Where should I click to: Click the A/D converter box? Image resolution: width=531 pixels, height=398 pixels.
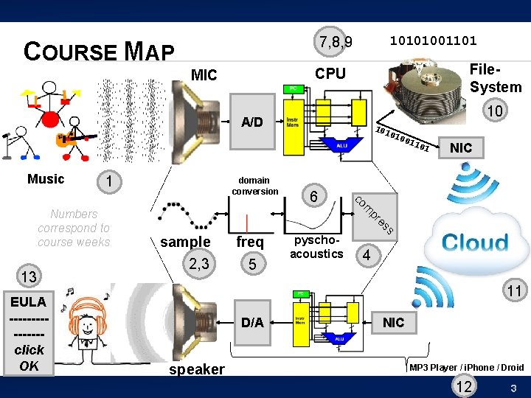tap(252, 122)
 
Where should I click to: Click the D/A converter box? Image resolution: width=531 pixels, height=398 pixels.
tap(252, 322)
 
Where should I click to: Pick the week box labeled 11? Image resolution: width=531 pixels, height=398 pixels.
tap(513, 292)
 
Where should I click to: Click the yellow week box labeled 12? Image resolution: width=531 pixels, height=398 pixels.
tap(465, 386)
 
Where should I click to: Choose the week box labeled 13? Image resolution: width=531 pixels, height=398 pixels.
tap(29, 277)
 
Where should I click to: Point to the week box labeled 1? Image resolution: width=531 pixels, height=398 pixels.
tap(108, 181)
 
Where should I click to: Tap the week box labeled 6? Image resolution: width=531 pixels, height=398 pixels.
tap(314, 196)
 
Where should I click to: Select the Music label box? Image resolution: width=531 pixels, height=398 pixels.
tap(46, 179)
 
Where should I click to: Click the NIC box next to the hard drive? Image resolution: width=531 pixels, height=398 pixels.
tap(460, 147)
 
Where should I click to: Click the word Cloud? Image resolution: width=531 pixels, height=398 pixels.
tap(475, 242)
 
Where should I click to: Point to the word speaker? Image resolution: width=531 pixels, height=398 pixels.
tap(197, 369)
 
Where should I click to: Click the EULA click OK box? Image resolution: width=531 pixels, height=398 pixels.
tap(29, 334)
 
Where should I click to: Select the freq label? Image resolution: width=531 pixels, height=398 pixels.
tap(250, 242)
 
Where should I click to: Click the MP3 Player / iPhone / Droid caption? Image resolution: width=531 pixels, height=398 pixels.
tap(466, 367)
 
